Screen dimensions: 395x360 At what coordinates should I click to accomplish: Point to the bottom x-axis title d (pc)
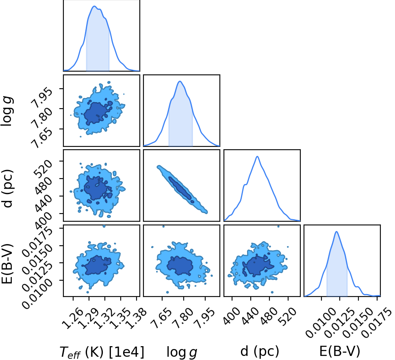[x=260, y=351]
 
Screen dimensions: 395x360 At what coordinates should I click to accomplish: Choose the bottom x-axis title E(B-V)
[x=340, y=351]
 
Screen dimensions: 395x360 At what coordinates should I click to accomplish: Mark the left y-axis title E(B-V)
[x=7, y=264]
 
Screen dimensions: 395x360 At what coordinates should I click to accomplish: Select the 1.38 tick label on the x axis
[x=136, y=318]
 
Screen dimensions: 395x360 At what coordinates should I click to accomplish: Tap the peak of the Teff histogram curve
[x=94, y=6]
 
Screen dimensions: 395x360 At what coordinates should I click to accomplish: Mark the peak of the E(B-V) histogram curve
[x=336, y=231]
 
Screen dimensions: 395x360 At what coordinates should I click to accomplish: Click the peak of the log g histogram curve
[x=180, y=81]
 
